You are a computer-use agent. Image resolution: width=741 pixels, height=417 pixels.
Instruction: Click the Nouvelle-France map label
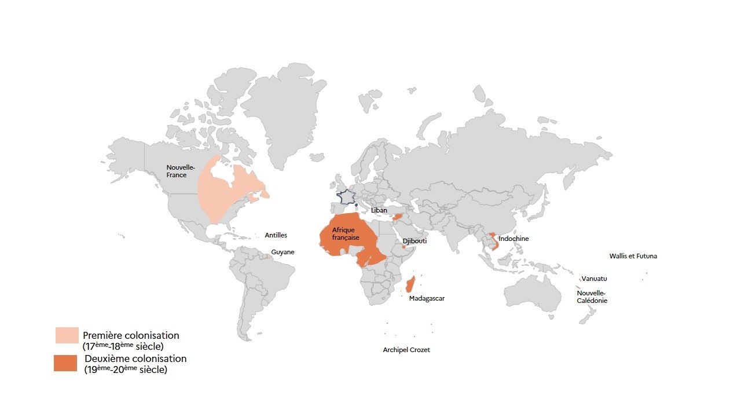181,171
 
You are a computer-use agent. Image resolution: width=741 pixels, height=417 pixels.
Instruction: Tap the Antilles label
276,235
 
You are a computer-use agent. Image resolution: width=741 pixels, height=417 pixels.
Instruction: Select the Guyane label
283,252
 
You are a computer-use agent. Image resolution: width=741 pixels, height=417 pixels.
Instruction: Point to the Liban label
379,210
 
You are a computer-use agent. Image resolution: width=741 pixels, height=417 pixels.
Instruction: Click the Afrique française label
346,234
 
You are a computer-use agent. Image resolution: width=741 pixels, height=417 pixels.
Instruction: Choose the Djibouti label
414,241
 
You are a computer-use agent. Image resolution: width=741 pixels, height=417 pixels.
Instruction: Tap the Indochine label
513,239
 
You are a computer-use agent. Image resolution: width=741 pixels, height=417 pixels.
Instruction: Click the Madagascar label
427,298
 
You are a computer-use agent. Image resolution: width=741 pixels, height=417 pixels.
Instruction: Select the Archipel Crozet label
406,350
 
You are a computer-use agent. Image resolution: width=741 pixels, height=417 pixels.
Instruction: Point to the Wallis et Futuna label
633,256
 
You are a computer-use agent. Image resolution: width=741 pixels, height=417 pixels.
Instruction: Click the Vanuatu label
595,279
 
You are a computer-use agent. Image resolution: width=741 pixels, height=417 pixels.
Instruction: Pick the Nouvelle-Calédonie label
592,297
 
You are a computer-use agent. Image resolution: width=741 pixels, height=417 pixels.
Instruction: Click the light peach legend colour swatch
67,335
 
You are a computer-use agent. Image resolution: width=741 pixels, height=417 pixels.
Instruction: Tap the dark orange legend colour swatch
65,363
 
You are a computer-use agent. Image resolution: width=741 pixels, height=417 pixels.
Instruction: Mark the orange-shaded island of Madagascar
410,284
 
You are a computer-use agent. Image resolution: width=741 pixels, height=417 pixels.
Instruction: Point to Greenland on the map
284,110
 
